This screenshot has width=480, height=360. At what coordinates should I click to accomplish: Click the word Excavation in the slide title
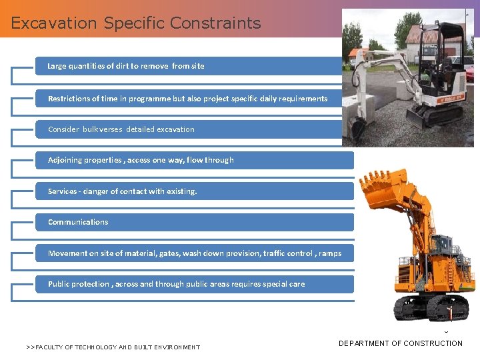pyautogui.click(x=55, y=23)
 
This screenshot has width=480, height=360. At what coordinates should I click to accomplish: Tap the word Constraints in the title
pyautogui.click(x=215, y=23)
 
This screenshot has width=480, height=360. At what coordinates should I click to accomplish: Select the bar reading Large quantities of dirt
pyautogui.click(x=193, y=66)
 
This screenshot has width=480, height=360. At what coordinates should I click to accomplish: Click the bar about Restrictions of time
pyautogui.click(x=193, y=99)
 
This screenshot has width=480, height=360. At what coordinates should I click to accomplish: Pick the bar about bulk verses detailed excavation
pyautogui.click(x=193, y=129)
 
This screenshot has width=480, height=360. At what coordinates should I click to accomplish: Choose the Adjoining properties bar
pyautogui.click(x=193, y=160)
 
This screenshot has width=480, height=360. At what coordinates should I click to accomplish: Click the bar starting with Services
pyautogui.click(x=193, y=191)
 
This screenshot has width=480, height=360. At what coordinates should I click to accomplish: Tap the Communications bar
pyautogui.click(x=193, y=222)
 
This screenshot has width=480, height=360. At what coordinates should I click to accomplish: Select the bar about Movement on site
pyautogui.click(x=193, y=253)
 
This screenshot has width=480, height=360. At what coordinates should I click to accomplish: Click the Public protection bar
pyautogui.click(x=193, y=284)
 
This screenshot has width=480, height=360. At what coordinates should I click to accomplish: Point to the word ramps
pyautogui.click(x=330, y=253)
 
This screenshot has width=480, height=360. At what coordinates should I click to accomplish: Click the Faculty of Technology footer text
pyautogui.click(x=113, y=347)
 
